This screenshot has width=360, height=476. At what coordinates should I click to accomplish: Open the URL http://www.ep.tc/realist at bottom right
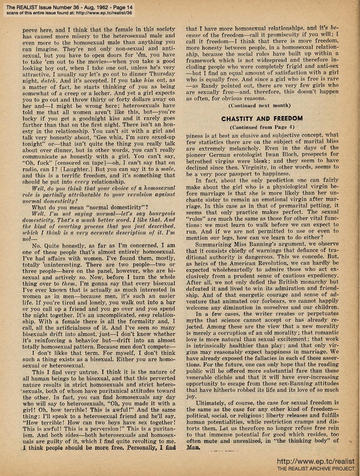coord(315,461)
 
